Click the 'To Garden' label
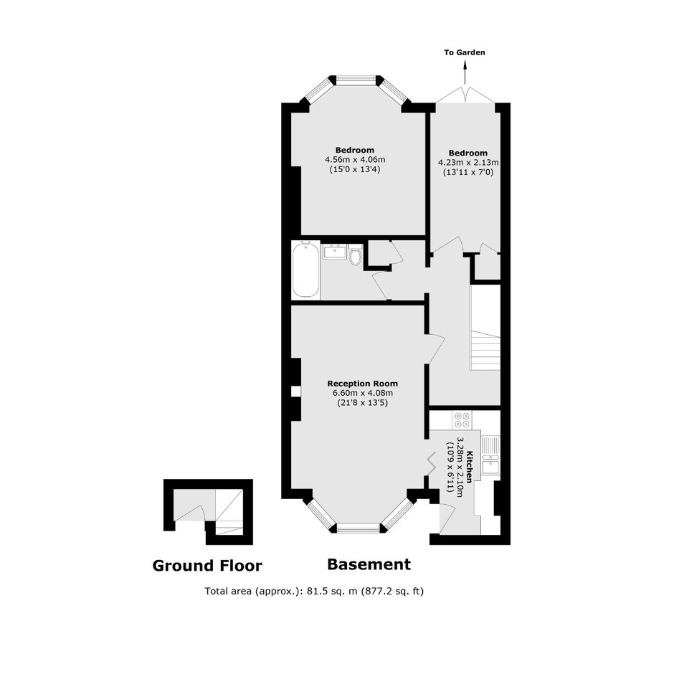464,52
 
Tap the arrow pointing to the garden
465,72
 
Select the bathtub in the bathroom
305,270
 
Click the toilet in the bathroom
356,255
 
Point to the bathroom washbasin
334,251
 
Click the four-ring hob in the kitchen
462,420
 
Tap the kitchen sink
490,455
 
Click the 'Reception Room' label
362,384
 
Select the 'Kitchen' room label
470,467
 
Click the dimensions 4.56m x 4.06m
355,159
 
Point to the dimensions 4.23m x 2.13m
468,163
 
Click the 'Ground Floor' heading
207,566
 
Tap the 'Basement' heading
369,564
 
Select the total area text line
314,591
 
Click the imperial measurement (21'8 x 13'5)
362,403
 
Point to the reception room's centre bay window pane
358,528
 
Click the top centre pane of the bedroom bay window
356,79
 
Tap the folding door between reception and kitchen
430,463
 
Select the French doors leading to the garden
465,95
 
